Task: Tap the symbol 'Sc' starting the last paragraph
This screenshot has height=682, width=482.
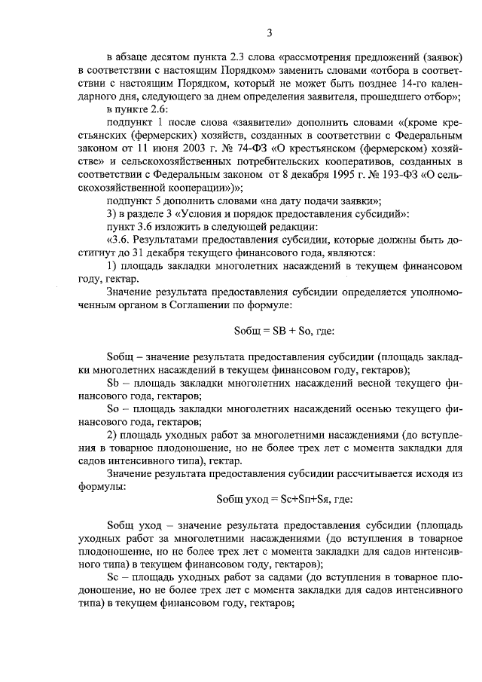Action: point(114,576)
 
